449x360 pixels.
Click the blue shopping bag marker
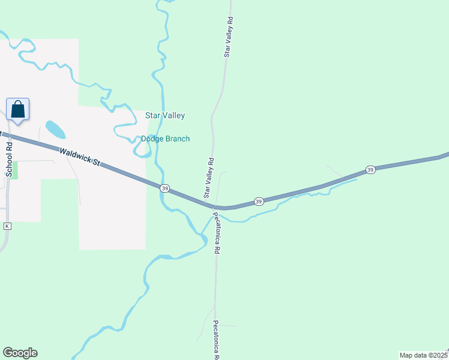click(x=18, y=110)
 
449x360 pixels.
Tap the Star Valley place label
click(x=165, y=115)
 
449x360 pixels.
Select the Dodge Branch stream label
click(x=165, y=139)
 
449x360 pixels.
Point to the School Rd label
click(x=9, y=158)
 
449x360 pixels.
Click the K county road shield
click(x=7, y=226)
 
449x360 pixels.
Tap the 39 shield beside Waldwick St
click(x=164, y=188)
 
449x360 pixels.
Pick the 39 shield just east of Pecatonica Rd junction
click(x=259, y=201)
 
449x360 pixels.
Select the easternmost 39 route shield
click(x=370, y=170)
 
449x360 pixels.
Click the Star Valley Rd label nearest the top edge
click(x=229, y=37)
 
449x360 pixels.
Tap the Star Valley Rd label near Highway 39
click(x=209, y=178)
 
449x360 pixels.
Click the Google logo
click(x=20, y=353)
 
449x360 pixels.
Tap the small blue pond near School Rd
click(x=55, y=129)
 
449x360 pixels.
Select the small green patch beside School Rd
click(x=14, y=170)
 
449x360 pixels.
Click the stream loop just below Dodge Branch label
click(x=142, y=150)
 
